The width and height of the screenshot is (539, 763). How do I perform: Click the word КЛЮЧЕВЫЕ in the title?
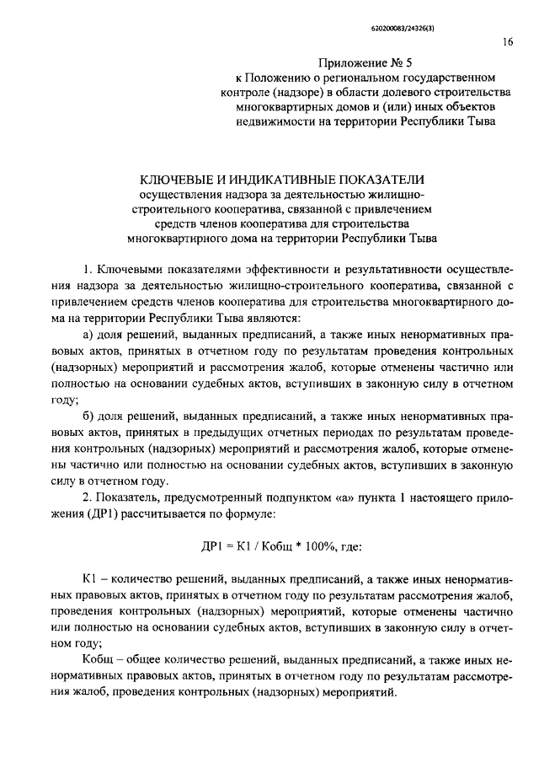[x=184, y=180]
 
